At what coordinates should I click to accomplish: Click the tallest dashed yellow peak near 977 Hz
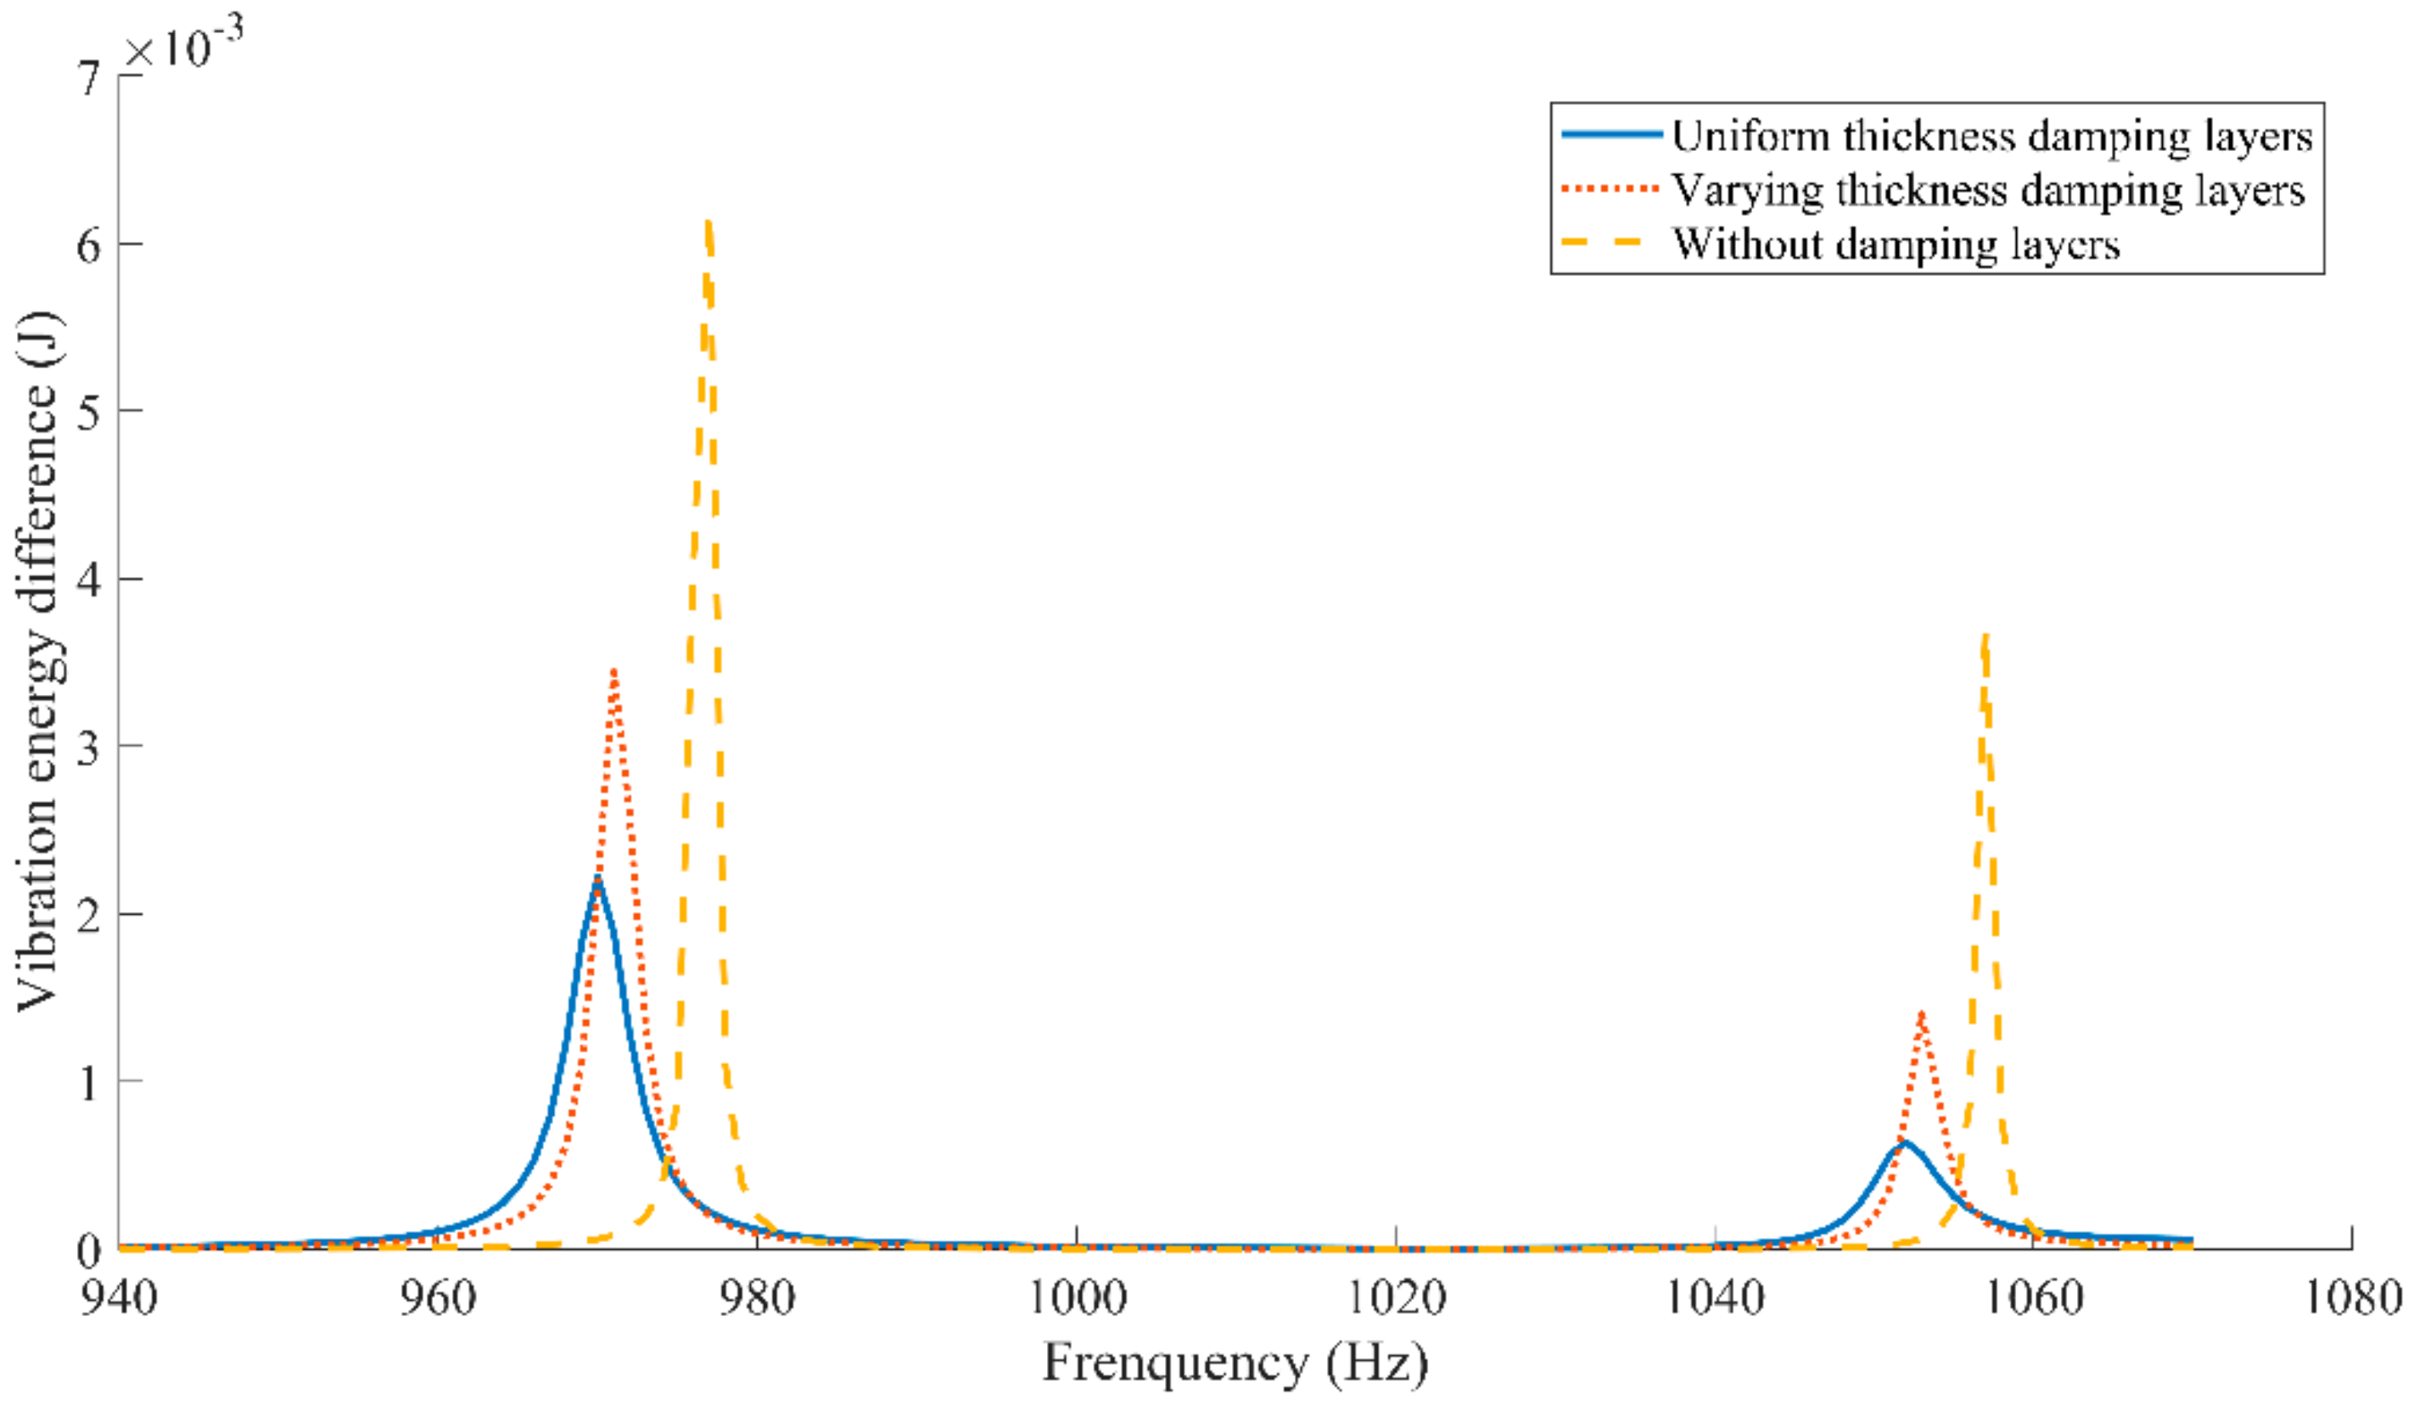point(707,226)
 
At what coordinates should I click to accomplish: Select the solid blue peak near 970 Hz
point(596,879)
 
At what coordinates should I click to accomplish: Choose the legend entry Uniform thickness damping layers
point(1991,136)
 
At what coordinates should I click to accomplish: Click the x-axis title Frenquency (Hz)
point(1235,1362)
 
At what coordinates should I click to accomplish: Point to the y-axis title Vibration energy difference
point(38,661)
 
